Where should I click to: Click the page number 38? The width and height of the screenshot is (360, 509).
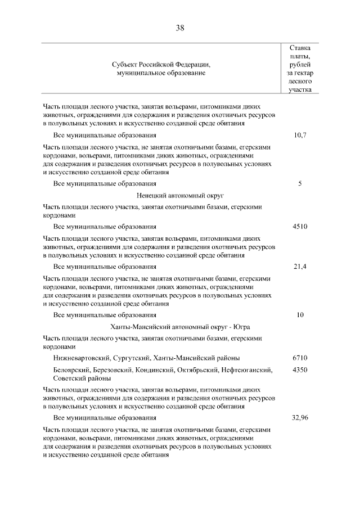(180, 28)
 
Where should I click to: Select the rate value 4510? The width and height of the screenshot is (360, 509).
(300, 227)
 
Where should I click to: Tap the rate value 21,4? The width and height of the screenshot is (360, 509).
(300, 267)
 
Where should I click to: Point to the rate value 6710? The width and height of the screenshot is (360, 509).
(300, 358)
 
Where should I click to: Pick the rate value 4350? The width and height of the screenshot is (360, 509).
(300, 370)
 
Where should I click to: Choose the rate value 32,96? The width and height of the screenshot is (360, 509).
(300, 418)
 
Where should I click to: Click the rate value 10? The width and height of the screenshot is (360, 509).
(300, 315)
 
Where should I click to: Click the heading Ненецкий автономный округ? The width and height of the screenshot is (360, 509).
(180, 195)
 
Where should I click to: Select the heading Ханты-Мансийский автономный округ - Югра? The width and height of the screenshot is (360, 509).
(180, 327)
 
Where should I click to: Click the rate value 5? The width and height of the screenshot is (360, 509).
(300, 183)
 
